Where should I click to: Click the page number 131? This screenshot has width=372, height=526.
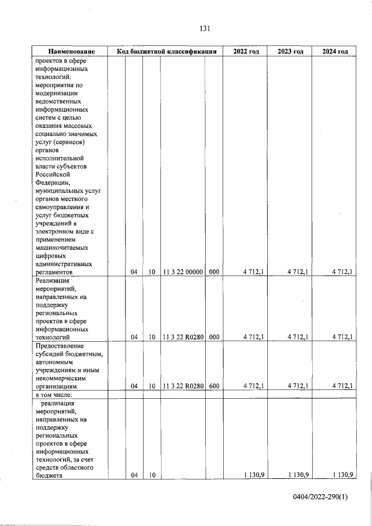click(x=203, y=28)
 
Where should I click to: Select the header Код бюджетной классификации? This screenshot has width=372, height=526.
click(x=167, y=52)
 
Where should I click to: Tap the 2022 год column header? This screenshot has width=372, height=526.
click(x=246, y=52)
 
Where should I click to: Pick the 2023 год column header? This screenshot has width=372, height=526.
click(x=289, y=52)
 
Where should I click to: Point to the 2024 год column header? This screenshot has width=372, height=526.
click(x=335, y=52)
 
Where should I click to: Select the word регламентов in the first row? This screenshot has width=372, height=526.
click(x=54, y=271)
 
